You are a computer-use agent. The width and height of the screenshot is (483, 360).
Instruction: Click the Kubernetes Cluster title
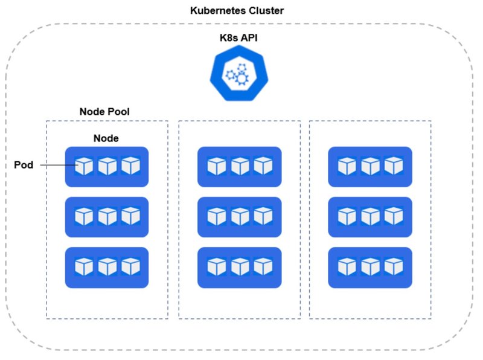[237, 10]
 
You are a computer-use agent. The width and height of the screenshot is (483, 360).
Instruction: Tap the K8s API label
[238, 37]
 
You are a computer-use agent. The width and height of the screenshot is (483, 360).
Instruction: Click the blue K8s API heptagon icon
[238, 73]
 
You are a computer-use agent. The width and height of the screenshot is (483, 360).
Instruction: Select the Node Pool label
[104, 112]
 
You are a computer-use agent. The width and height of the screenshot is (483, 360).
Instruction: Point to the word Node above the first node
[106, 138]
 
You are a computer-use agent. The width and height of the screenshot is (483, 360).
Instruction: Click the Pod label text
[24, 165]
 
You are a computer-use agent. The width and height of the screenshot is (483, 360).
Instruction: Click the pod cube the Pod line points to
[84, 166]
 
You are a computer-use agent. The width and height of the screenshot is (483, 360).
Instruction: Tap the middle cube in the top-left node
[107, 166]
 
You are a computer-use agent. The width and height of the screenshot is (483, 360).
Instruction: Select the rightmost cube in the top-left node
[130, 166]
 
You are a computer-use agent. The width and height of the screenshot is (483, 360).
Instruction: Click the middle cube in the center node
[240, 216]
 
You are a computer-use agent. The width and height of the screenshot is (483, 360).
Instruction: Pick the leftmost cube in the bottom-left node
[84, 266]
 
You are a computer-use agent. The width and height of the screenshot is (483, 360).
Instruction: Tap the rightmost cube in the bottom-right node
[394, 266]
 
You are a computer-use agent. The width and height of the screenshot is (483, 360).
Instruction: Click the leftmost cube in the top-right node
[347, 166]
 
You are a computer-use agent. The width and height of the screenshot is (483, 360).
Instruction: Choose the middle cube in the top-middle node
[240, 166]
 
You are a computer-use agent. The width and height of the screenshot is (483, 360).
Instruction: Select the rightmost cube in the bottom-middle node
[263, 266]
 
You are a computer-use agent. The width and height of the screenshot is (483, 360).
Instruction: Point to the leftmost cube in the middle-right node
[347, 216]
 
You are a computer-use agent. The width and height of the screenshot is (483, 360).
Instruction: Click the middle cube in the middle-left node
[107, 216]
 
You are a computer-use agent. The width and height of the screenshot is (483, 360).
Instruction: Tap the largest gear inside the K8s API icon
[242, 79]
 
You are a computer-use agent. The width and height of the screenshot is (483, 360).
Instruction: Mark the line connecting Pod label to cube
[59, 166]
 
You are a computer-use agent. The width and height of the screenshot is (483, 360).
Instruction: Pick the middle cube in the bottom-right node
[370, 266]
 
